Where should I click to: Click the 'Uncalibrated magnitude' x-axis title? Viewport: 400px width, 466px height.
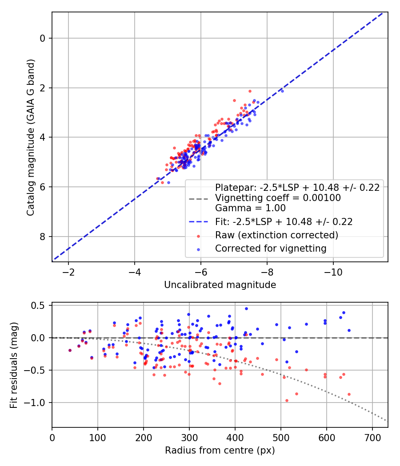(220, 285)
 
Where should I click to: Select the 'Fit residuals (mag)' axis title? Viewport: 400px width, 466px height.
(14, 365)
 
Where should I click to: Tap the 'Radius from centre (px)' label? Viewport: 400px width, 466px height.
(220, 451)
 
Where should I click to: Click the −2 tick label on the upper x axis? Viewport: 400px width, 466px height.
(68, 272)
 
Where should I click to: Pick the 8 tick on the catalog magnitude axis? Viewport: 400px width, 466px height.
(43, 237)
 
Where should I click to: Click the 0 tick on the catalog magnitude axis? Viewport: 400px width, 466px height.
(43, 38)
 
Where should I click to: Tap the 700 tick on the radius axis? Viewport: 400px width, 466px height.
(372, 437)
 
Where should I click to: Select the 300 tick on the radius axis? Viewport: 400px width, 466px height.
(189, 437)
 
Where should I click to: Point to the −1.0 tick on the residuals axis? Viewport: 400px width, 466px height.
(37, 403)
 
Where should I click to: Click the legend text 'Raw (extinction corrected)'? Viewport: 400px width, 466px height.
(276, 235)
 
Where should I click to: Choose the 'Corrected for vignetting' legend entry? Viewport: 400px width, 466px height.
(271, 249)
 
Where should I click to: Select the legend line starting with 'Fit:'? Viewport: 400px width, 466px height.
(284, 221)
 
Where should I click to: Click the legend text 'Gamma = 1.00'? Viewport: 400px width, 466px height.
(250, 208)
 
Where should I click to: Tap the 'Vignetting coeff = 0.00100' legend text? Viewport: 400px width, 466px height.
(278, 198)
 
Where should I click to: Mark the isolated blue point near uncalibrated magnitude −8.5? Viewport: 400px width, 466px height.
(282, 91)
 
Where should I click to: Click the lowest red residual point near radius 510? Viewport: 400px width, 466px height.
(287, 400)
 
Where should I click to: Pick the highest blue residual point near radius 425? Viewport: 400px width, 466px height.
(246, 308)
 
